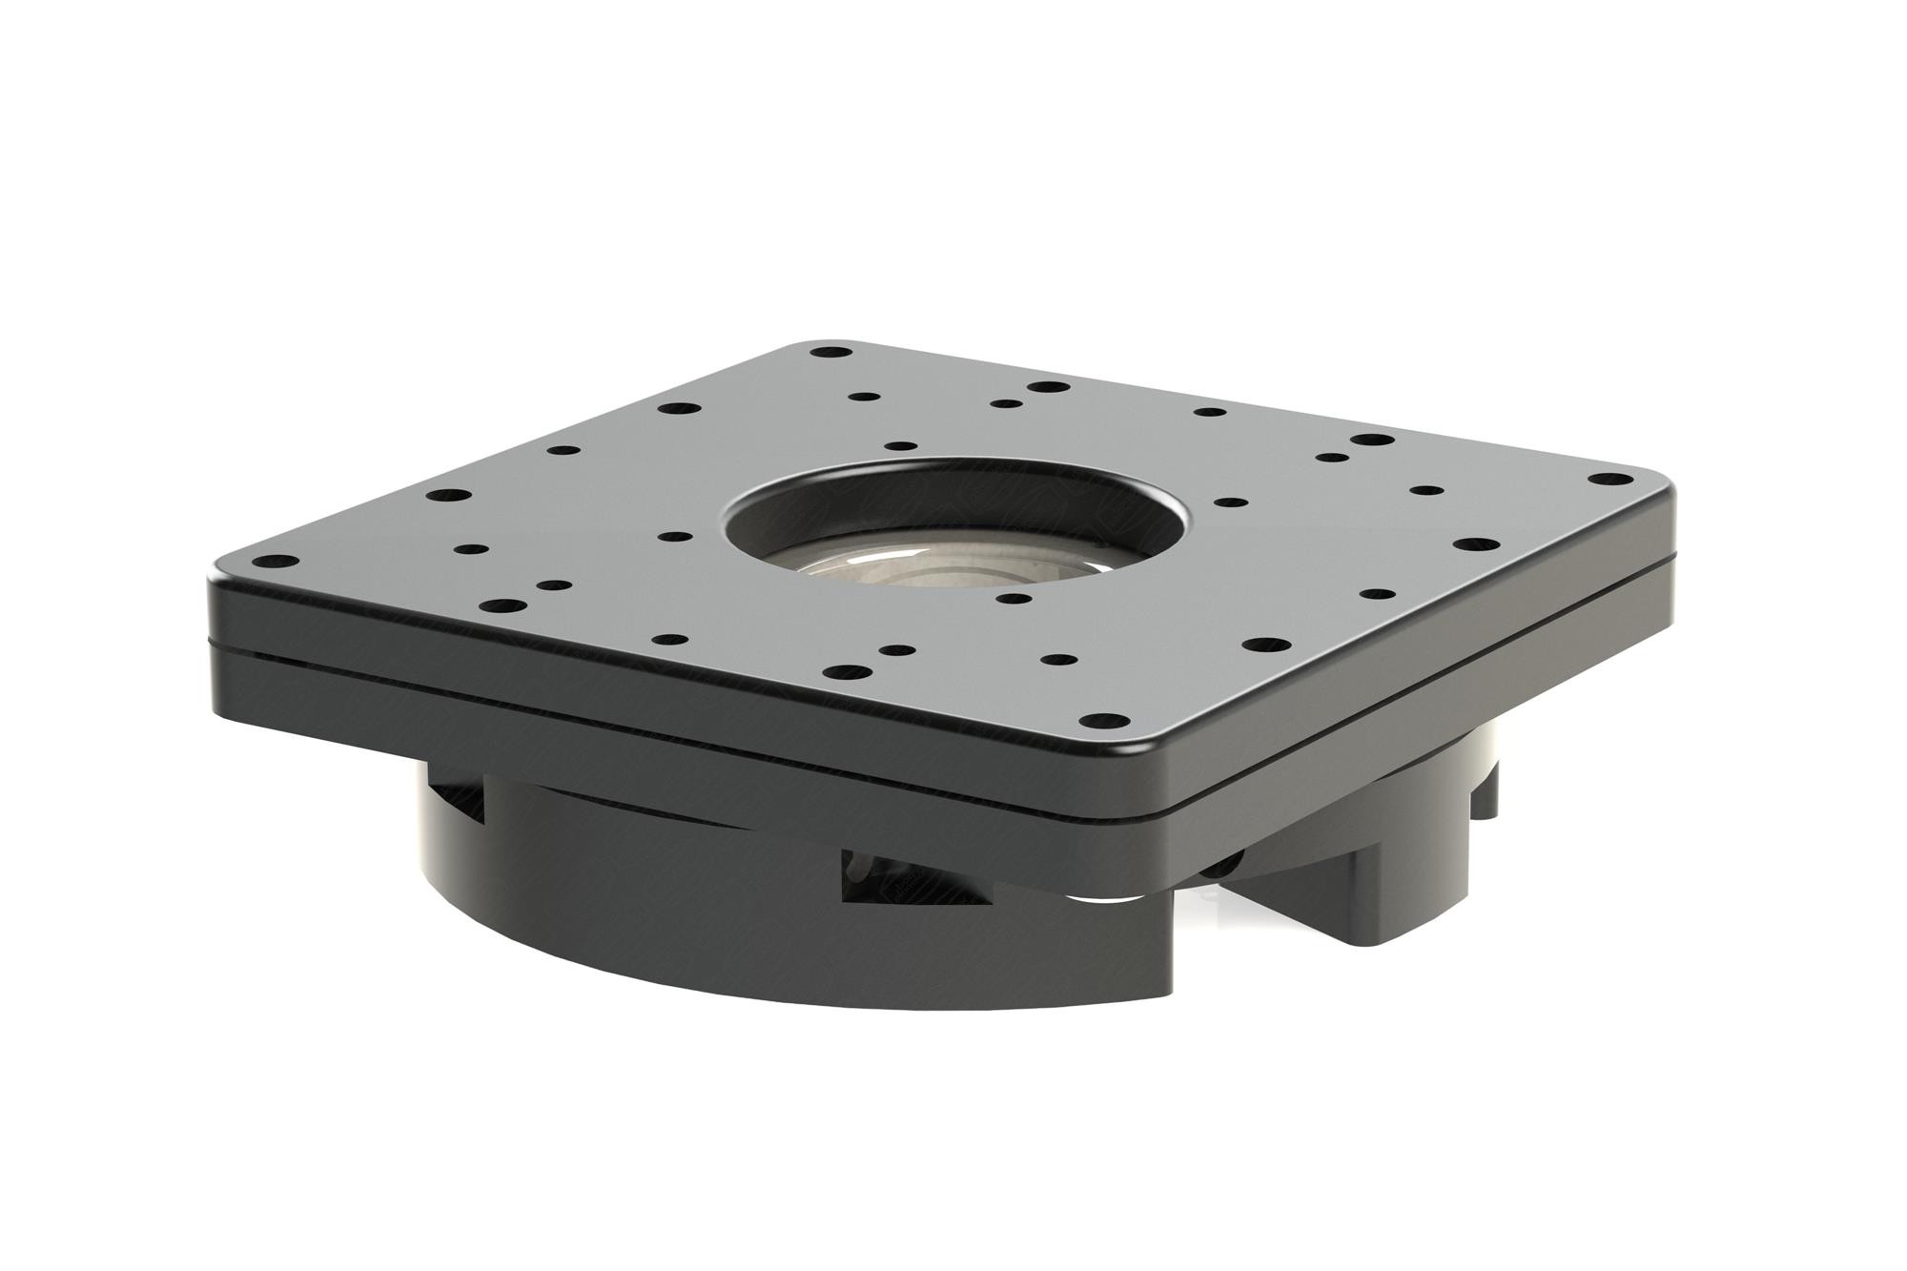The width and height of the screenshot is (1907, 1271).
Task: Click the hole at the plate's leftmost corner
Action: (275, 562)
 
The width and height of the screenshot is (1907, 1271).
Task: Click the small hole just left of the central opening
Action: (675, 538)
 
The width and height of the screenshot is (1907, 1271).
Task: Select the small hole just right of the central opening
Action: (1230, 502)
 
